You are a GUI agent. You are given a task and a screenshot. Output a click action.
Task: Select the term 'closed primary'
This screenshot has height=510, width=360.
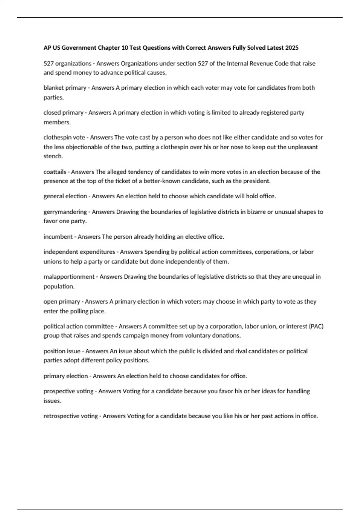[x=63, y=112]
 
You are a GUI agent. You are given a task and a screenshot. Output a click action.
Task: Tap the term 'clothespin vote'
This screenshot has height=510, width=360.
[x=64, y=137]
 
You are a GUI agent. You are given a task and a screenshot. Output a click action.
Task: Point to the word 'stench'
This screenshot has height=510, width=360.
[x=53, y=156]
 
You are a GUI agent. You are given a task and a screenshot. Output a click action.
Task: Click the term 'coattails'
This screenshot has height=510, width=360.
[x=55, y=172]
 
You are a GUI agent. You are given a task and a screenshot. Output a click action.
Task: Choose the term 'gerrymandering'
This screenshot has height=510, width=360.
[x=65, y=212]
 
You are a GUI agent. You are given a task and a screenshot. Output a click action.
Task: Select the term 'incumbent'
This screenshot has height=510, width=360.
[x=58, y=237]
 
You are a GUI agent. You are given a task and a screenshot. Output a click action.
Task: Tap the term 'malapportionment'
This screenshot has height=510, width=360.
[x=69, y=277]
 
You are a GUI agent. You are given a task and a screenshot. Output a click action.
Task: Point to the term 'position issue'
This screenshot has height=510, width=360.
[x=62, y=351]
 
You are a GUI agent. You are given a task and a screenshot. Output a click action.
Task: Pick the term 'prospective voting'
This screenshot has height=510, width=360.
[x=68, y=391]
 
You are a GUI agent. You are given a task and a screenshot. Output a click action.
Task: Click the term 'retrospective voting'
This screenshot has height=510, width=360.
[x=70, y=416]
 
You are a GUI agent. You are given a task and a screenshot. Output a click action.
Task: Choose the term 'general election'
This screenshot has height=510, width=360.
[x=65, y=196]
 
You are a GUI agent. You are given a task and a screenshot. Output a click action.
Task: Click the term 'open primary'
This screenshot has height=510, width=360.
[x=62, y=301]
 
